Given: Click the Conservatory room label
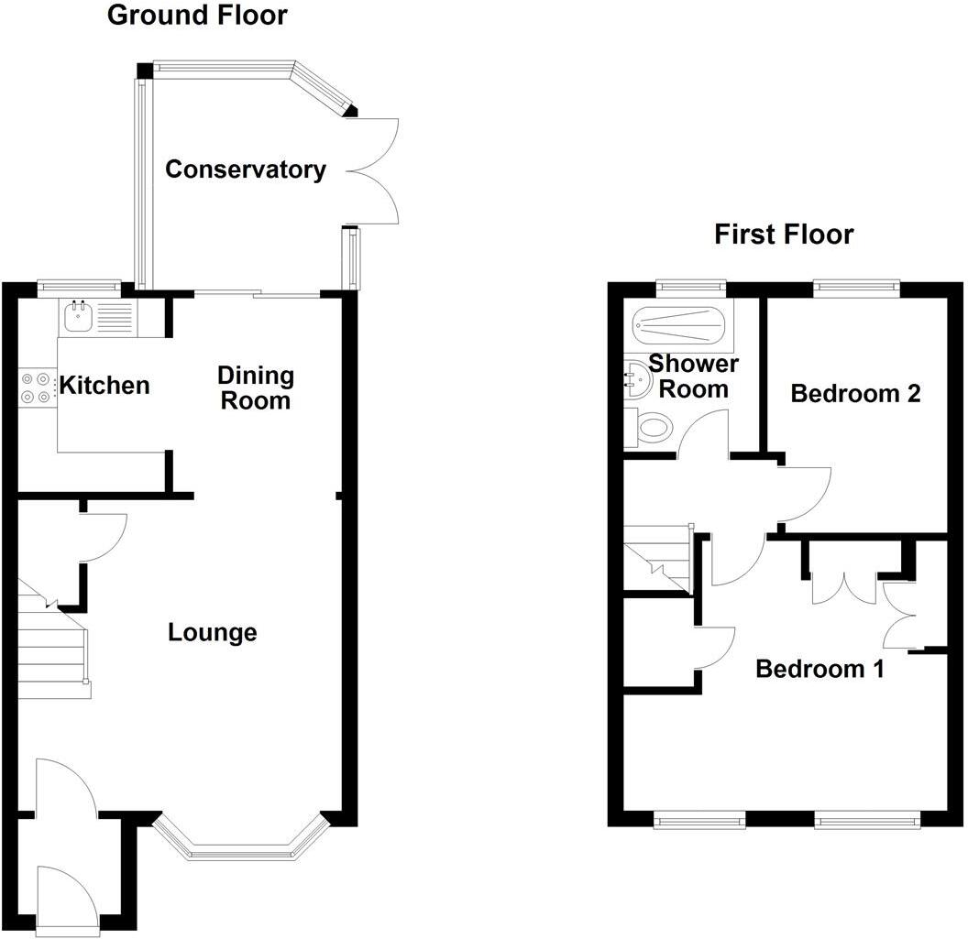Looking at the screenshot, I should click(x=246, y=169).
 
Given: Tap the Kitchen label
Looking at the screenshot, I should click(x=104, y=385).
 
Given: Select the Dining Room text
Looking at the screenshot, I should click(x=255, y=388).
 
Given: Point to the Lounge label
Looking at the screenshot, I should click(x=213, y=632).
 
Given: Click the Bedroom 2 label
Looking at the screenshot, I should click(x=855, y=394).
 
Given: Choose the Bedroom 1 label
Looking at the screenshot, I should click(x=819, y=669).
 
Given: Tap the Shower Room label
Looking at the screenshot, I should click(x=694, y=376).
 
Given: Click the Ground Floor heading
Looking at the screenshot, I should click(x=197, y=16).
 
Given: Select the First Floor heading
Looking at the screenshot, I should click(x=784, y=235).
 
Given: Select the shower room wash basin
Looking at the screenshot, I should click(x=633, y=377).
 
